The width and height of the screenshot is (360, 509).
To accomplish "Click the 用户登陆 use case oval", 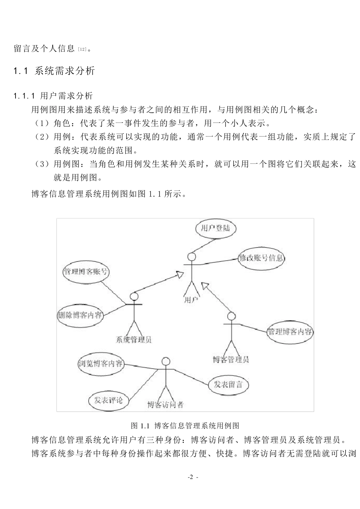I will click(215, 228).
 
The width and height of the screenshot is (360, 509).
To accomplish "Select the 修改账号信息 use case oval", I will click(261, 258).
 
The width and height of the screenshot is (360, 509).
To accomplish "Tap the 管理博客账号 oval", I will click(85, 272).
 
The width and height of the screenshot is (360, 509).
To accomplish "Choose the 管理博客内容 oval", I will click(290, 332).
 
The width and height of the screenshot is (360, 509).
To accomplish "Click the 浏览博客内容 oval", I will click(100, 364).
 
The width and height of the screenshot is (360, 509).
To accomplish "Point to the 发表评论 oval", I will click(108, 400).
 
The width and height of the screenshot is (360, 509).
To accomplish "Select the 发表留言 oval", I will click(228, 385).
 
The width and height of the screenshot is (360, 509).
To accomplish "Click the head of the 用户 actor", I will click(192, 257).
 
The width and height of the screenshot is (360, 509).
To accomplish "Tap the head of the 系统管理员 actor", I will click(134, 297).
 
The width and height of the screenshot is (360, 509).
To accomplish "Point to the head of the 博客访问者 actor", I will click(165, 361).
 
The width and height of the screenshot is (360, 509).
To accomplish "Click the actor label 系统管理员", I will click(133, 339).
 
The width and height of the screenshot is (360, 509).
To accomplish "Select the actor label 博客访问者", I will click(165, 405).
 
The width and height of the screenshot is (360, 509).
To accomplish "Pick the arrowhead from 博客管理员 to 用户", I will click(205, 284).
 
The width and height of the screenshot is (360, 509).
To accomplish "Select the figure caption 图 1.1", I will click(185, 425).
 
